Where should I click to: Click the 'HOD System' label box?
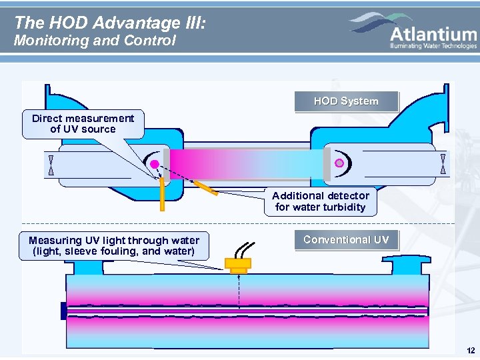(x=346, y=101)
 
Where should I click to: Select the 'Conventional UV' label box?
(x=346, y=240)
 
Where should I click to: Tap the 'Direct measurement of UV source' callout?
(x=83, y=124)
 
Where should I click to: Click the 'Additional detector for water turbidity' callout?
(x=321, y=201)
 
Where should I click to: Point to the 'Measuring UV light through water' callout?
(x=114, y=246)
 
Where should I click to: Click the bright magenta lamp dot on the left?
(x=154, y=164)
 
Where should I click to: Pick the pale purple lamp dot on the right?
(x=339, y=163)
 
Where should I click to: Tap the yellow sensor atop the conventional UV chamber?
(x=238, y=264)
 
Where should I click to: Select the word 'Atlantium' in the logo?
(x=433, y=34)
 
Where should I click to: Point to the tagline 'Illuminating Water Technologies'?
(x=433, y=46)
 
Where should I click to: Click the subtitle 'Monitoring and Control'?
(x=95, y=41)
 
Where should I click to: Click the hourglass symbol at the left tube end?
(x=51, y=165)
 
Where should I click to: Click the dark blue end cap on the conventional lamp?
(x=63, y=311)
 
